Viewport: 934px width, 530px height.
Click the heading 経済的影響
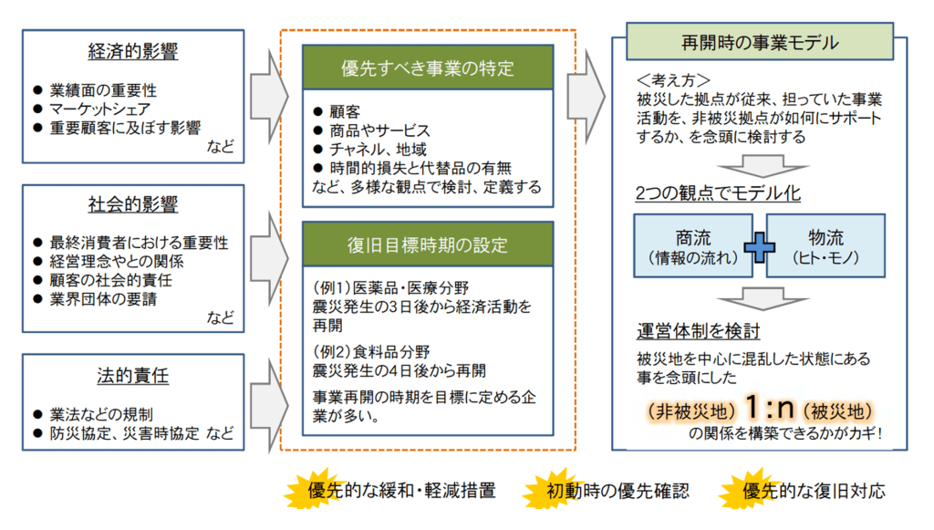pyautogui.click(x=133, y=51)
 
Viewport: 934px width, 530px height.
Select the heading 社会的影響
pyautogui.click(x=133, y=205)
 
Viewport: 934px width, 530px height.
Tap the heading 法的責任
pyautogui.click(x=133, y=376)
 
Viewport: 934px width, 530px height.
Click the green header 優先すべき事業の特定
pyautogui.click(x=428, y=68)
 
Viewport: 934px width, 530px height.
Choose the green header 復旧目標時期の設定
pyautogui.click(x=428, y=244)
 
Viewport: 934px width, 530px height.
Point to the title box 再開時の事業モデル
pyautogui.click(x=760, y=42)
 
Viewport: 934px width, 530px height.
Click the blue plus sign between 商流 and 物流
pyautogui.click(x=760, y=246)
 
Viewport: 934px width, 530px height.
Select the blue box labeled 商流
pyautogui.click(x=693, y=246)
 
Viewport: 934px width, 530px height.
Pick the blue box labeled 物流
pyautogui.click(x=825, y=246)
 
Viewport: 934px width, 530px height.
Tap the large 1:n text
pyautogui.click(x=770, y=408)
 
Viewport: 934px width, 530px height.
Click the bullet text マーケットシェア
pyautogui.click(x=99, y=109)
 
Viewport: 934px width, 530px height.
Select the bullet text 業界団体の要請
pyautogui.click(x=103, y=299)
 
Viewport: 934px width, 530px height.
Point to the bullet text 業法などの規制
pyautogui.click(x=100, y=414)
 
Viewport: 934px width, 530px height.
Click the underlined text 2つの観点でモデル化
pyautogui.click(x=718, y=193)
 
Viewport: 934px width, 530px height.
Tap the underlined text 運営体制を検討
pyautogui.click(x=698, y=331)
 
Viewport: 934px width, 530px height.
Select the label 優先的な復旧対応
pyautogui.click(x=814, y=491)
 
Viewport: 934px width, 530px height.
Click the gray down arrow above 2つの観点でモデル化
pyautogui.click(x=763, y=165)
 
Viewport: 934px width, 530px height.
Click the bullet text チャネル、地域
pyautogui.click(x=379, y=150)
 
